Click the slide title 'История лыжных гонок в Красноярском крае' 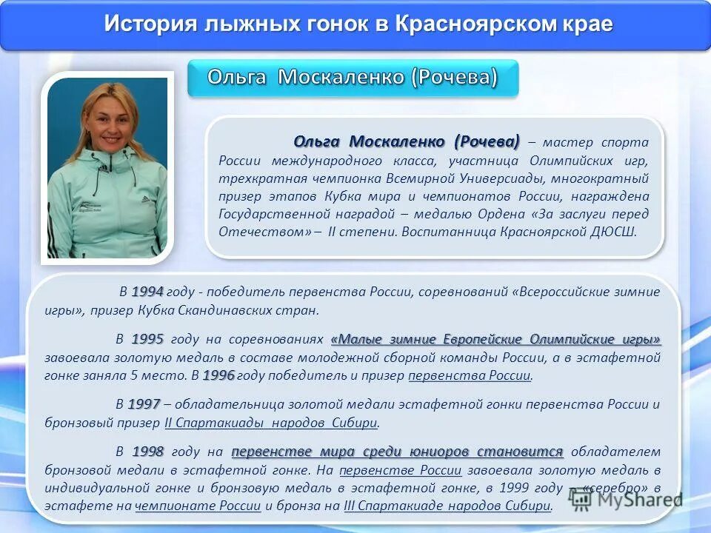click(x=358, y=24)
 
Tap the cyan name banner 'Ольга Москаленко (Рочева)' click(x=353, y=77)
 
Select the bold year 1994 click(x=147, y=292)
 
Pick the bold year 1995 click(x=147, y=340)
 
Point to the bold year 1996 click(x=218, y=375)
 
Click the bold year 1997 click(x=144, y=404)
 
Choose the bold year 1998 click(x=147, y=452)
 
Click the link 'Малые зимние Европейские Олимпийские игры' click(x=495, y=340)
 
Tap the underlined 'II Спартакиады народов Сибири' click(x=271, y=423)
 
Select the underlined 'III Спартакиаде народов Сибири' click(x=448, y=506)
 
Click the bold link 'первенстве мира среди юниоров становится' click(x=398, y=452)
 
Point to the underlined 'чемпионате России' click(x=198, y=506)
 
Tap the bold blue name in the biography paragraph click(x=407, y=141)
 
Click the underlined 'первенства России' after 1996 click(x=470, y=375)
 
